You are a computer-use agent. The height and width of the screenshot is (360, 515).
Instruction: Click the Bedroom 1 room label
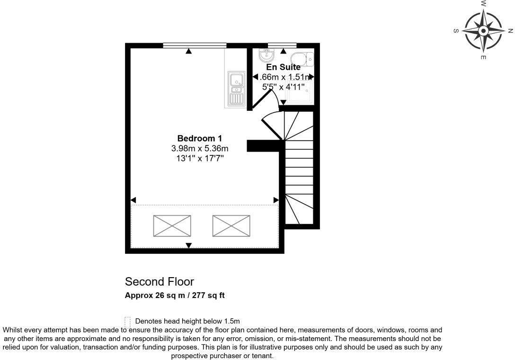[x=199, y=138]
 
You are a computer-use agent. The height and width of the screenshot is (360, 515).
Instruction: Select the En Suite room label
[x=283, y=67]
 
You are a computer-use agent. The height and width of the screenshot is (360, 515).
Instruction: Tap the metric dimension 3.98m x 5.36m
[x=199, y=148]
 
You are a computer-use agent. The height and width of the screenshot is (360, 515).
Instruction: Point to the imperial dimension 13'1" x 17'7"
[x=199, y=158]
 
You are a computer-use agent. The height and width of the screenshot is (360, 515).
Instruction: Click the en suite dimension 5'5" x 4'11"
[x=283, y=87]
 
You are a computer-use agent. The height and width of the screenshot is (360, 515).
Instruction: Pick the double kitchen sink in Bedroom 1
[x=236, y=89]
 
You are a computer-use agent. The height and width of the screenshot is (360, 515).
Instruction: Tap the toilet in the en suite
[x=302, y=59]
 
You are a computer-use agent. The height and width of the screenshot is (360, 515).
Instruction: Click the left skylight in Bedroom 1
[x=172, y=226]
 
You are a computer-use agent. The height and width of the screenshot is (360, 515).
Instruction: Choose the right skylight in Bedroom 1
[x=231, y=226]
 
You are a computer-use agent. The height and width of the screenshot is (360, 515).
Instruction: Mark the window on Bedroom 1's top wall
[x=194, y=45]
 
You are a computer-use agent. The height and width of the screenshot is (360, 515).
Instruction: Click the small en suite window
[x=282, y=45]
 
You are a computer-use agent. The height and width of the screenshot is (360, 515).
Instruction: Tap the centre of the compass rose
[x=483, y=31]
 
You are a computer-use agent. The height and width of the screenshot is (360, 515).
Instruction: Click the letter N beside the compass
[x=510, y=31]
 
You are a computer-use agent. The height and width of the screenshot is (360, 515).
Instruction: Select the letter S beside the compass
[x=456, y=31]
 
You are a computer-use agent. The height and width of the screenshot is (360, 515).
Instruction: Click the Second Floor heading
[x=159, y=282]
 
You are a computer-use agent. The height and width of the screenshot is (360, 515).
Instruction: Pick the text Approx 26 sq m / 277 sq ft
[x=174, y=296]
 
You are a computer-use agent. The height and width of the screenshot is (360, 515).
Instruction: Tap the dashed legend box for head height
[x=127, y=321]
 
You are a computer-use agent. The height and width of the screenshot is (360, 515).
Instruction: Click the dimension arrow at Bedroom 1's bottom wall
[x=188, y=245]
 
